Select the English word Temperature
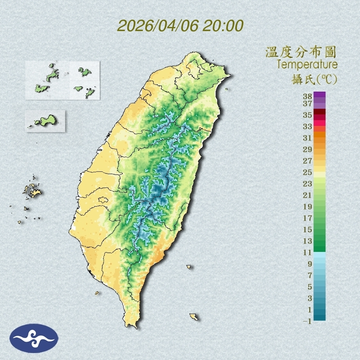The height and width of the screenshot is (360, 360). point(307,64)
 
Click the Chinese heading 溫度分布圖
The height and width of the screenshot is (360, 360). point(301,52)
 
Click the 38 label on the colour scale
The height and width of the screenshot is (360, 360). point(308,97)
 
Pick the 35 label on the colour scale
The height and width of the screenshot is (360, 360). point(308,115)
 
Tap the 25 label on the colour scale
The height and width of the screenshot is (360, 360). point(308,172)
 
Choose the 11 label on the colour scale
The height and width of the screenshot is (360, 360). point(308,252)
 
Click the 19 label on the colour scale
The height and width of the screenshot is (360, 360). point(308,207)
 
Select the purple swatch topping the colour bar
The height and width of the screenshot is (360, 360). point(319,94)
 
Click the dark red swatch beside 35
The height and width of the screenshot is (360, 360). point(319,112)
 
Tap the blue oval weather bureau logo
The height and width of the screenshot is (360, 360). point(34,338)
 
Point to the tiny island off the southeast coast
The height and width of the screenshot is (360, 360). point(189,267)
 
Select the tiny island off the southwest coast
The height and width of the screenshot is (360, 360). point(97,292)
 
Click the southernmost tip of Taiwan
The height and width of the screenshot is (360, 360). point(132,326)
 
